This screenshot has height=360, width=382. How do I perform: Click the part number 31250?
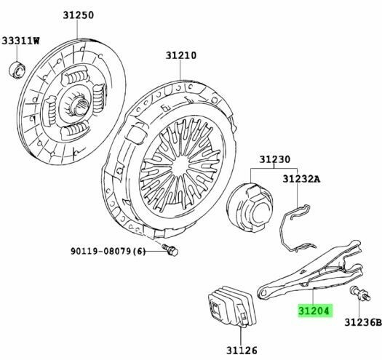pyautogui.click(x=78, y=15)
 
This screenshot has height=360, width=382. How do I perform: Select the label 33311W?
pyautogui.click(x=20, y=41)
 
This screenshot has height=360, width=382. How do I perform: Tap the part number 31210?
pyautogui.click(x=181, y=55)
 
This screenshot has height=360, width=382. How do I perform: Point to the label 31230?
pyautogui.click(x=274, y=159)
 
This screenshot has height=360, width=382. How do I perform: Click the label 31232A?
pyautogui.click(x=301, y=179)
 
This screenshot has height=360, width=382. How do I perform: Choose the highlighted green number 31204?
pyautogui.click(x=314, y=311)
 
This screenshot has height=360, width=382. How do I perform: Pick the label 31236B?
pyautogui.click(x=363, y=322)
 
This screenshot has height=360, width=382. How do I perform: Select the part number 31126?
pyautogui.click(x=242, y=351)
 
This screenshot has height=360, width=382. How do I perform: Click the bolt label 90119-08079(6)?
pyautogui.click(x=108, y=251)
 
